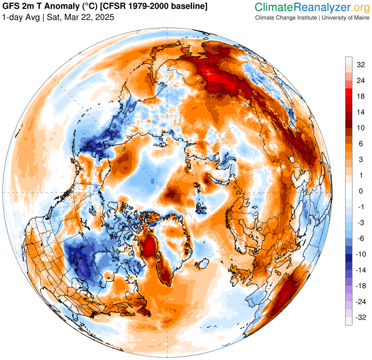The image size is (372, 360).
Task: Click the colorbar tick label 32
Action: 360,65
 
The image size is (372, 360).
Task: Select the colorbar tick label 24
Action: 360,80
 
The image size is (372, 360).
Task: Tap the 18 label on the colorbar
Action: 360,96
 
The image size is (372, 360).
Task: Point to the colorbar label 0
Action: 360,191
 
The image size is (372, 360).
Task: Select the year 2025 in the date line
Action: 104,17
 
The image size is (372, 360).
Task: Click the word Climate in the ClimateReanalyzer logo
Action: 274,7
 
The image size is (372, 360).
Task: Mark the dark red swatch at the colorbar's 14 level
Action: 348,113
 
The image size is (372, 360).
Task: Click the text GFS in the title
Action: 11,7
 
